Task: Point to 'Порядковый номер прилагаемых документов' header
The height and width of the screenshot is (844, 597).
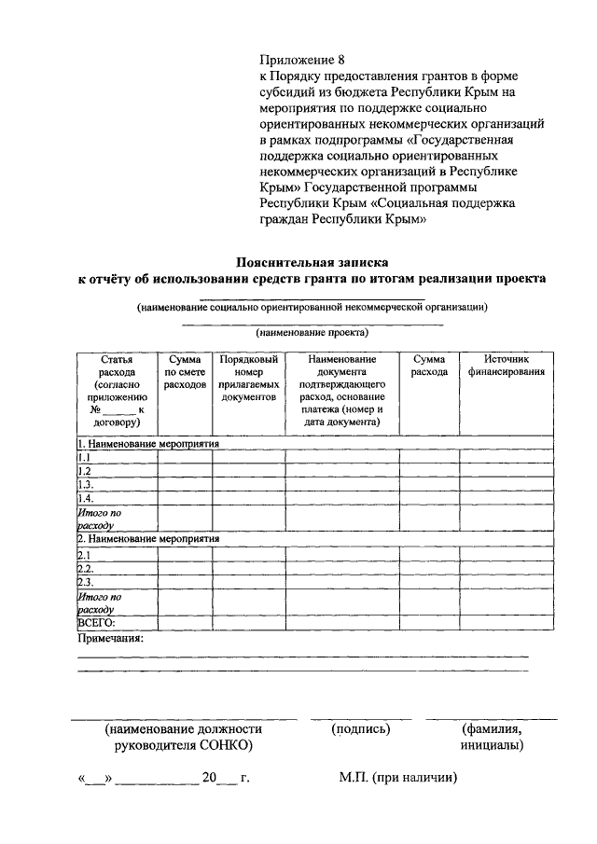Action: [x=248, y=378]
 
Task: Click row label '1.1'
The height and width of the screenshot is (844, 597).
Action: [x=84, y=458]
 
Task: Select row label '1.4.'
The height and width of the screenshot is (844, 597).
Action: [x=85, y=499]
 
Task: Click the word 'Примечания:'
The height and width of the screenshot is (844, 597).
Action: [x=109, y=640]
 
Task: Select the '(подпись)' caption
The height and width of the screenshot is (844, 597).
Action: [x=360, y=729]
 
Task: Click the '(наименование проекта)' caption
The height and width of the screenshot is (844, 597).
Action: [x=312, y=332]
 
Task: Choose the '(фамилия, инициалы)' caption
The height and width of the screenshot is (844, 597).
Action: [x=492, y=737]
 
